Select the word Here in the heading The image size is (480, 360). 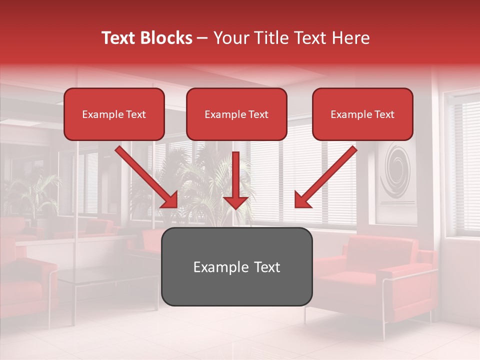point(350,38)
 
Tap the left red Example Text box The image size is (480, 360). point(114,114)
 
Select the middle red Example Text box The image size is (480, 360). point(236,114)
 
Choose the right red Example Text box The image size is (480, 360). point(362,114)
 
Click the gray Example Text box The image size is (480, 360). point(236,266)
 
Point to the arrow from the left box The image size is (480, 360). point(146,177)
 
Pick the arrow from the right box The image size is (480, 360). point(325,177)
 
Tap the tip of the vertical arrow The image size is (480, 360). point(236,207)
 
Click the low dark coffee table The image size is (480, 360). point(107,280)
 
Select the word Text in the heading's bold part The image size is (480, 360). point(120,38)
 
